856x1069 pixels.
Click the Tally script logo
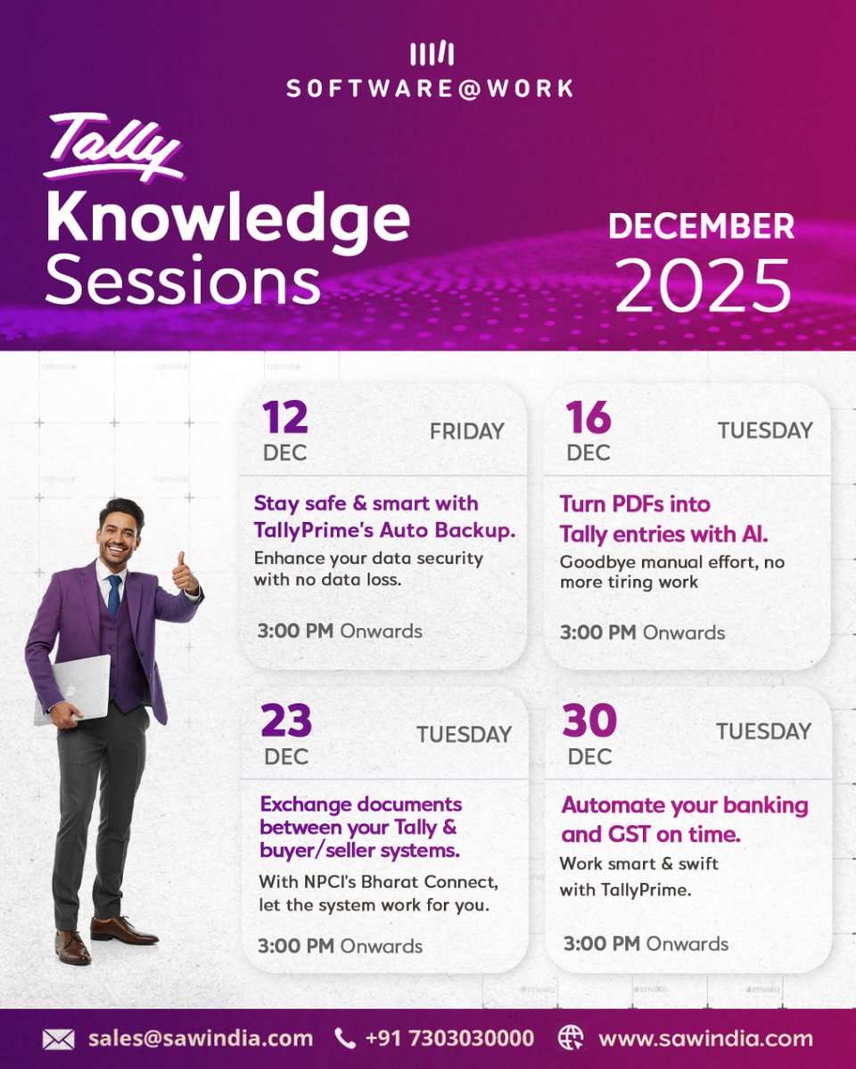[x=113, y=146]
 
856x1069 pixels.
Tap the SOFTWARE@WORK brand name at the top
[x=430, y=88]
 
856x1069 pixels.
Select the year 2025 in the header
[x=703, y=286]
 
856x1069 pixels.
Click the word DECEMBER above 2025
[x=701, y=226]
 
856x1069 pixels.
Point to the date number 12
[x=284, y=417]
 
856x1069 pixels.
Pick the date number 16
[x=588, y=417]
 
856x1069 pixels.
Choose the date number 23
[x=286, y=722]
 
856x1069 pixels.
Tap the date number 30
[x=589, y=721]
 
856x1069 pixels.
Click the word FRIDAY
[x=466, y=432]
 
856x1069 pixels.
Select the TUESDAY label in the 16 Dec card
[x=765, y=431]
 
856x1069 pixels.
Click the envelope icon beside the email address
[x=59, y=1039]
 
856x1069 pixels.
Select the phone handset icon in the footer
[x=344, y=1039]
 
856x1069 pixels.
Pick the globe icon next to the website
[x=571, y=1039]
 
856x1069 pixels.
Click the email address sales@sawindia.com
[x=201, y=1039]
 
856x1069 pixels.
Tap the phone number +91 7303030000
[x=450, y=1039]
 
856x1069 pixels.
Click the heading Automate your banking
[x=685, y=805]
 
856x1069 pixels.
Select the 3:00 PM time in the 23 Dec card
[x=295, y=945]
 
